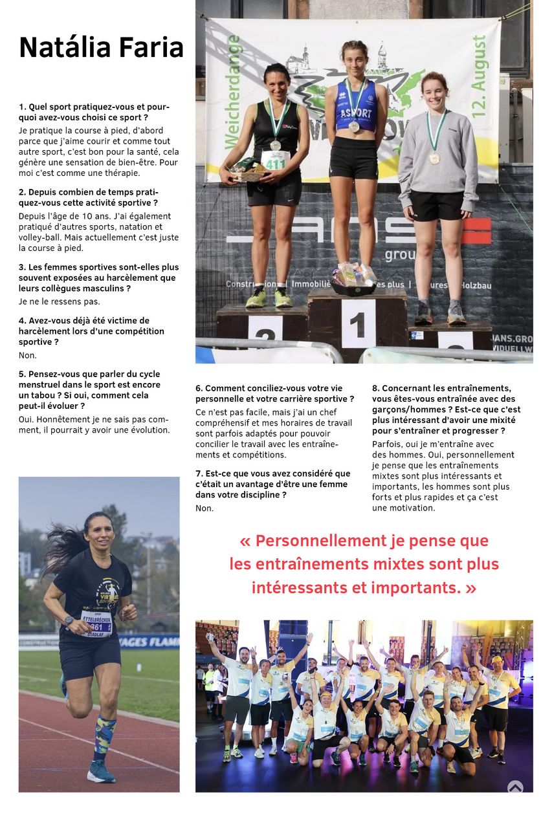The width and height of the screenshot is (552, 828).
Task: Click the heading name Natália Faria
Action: [101, 48]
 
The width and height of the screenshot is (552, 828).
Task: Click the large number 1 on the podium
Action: [358, 324]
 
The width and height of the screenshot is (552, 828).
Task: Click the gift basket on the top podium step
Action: [354, 276]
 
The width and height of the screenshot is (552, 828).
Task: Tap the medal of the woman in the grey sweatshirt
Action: [435, 157]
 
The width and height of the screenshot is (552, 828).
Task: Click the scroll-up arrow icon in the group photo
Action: [515, 787]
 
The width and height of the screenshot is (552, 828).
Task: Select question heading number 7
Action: [272, 484]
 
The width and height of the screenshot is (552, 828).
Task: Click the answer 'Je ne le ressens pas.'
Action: [60, 301]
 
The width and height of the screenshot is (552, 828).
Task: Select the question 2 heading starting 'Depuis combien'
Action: [89, 197]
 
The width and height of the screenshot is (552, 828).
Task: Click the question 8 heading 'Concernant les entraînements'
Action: [446, 409]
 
